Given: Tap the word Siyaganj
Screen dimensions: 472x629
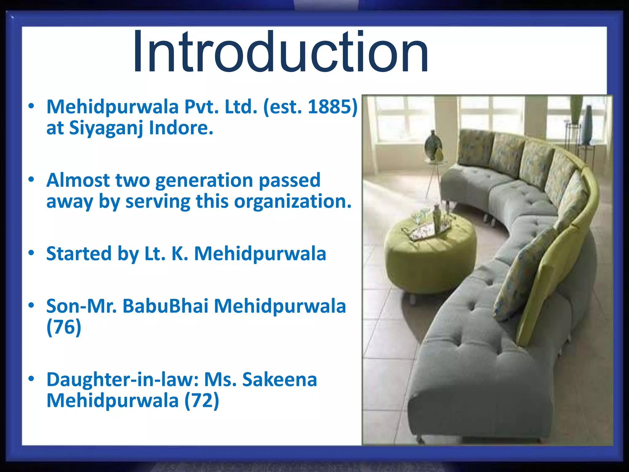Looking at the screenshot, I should point(106,128).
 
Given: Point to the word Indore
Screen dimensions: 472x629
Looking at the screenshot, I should point(181,128).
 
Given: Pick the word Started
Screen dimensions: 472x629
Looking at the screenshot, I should point(79,254).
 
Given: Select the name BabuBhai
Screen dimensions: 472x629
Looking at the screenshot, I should point(165,306).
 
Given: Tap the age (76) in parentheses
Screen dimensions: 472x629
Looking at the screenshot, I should point(64,327).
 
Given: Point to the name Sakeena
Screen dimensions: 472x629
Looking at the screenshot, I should point(279,380).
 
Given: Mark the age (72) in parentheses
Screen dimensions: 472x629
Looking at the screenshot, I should point(202,401).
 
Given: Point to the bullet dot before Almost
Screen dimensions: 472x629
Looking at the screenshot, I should point(31,180).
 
